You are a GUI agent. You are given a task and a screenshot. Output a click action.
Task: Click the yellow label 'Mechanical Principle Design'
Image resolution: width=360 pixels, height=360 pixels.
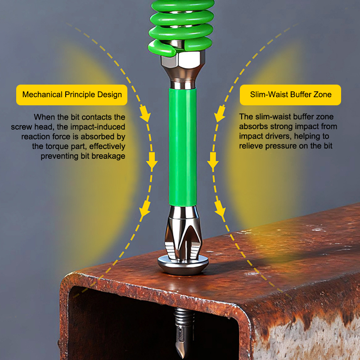click(72, 95)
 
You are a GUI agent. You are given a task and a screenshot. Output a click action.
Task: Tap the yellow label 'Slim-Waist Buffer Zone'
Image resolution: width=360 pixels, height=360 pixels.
click(290, 95)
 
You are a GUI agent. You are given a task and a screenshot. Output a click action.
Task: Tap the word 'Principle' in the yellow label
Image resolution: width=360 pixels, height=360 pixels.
click(80, 94)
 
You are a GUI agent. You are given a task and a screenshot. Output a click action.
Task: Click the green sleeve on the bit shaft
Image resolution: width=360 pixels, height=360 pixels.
click(183, 147)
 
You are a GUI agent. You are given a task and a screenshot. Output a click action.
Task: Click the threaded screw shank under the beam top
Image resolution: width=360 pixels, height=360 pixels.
click(184, 318)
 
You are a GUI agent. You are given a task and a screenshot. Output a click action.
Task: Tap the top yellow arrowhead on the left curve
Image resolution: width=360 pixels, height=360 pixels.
click(145, 114)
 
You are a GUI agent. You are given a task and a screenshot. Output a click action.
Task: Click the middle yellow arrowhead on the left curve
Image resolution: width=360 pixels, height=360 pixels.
click(152, 161)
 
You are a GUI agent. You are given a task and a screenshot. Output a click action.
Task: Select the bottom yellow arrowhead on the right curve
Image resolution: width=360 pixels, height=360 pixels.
click(220, 208)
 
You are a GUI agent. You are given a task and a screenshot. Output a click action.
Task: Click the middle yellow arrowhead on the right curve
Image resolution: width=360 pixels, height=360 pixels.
click(213, 161)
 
